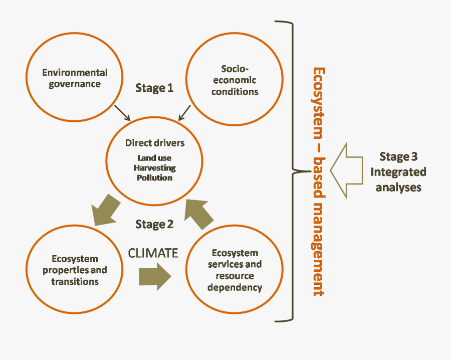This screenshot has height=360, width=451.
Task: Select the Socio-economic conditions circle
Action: (235, 80)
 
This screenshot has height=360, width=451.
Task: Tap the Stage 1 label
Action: (154, 88)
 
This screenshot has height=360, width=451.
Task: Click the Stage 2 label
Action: (154, 224)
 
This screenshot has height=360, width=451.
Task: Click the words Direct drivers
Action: (154, 143)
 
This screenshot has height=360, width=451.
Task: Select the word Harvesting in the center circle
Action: (154, 168)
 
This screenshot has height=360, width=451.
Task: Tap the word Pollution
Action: (154, 177)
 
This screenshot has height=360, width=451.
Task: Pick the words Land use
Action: (154, 158)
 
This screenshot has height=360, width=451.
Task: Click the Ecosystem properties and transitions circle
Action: (74, 270)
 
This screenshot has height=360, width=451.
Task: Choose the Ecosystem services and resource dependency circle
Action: (235, 270)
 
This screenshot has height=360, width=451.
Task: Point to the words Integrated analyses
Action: (398, 180)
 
